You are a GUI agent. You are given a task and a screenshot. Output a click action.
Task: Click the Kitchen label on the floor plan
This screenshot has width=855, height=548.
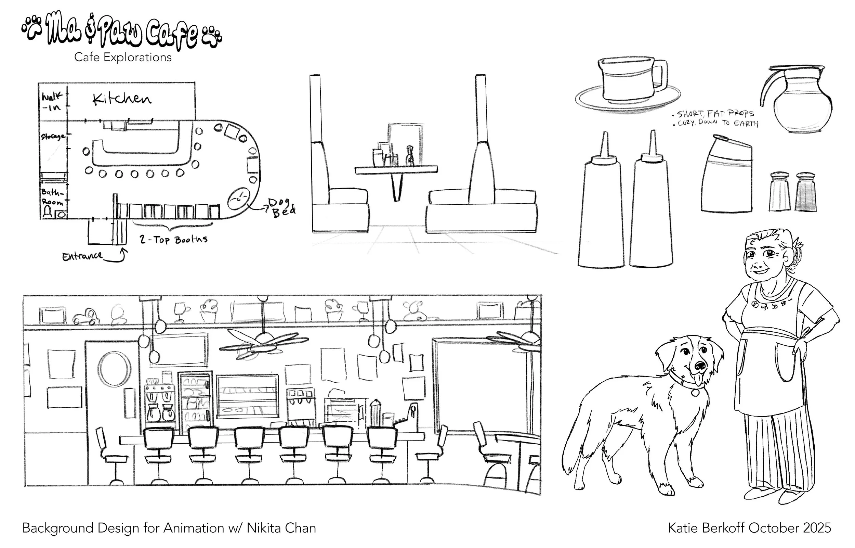[122, 99]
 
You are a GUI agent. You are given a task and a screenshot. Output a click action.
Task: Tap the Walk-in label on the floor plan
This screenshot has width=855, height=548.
[52, 101]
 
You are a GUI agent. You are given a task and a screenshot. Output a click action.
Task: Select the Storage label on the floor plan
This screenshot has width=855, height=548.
[52, 137]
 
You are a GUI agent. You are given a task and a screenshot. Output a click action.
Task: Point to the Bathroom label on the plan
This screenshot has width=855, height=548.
[52, 197]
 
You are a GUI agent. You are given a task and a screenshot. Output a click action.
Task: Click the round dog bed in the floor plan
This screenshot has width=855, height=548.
[239, 198]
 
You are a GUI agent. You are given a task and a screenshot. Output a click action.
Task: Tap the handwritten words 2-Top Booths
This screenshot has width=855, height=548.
[173, 240]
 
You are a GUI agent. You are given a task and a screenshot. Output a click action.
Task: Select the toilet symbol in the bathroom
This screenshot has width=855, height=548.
[47, 213]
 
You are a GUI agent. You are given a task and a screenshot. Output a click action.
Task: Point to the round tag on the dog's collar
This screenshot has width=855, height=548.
[695, 393]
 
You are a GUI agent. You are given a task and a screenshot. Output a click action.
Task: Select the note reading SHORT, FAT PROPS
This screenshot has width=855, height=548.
[715, 114]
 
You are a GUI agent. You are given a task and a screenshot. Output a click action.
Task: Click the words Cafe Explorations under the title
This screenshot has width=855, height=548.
[123, 57]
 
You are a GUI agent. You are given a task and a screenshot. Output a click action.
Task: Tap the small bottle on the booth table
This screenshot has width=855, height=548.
[410, 155]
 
